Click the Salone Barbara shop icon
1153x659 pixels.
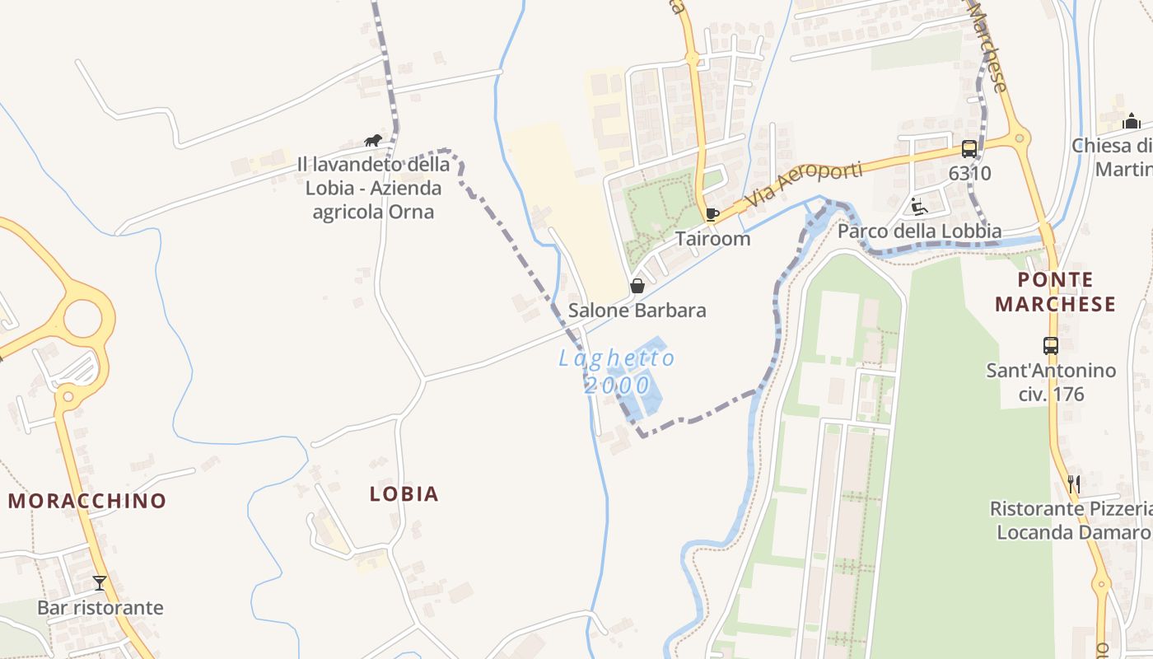pyautogui.click(x=637, y=286)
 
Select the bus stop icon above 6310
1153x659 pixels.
pyautogui.click(x=969, y=149)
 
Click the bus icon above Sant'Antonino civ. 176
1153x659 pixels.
pyautogui.click(x=1051, y=346)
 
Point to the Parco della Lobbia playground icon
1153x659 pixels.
pyautogui.click(x=919, y=206)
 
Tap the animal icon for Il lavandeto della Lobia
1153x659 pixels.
pyautogui.click(x=373, y=140)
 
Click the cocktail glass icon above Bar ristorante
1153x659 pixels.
pyautogui.click(x=100, y=583)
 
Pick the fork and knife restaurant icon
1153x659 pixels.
pyautogui.click(x=1073, y=484)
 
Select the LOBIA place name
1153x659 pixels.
pyautogui.click(x=404, y=494)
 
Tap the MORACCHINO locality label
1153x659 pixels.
pyautogui.click(x=87, y=501)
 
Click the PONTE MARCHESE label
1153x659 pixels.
pyautogui.click(x=1055, y=292)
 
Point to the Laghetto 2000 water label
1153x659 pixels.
pyautogui.click(x=617, y=372)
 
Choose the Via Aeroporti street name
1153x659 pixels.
pyautogui.click(x=802, y=186)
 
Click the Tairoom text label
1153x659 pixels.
pyautogui.click(x=712, y=239)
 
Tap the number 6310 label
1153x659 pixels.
pyautogui.click(x=969, y=174)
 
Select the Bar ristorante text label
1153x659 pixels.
pyautogui.click(x=100, y=608)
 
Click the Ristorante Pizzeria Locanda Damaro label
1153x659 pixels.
pyautogui.click(x=1071, y=521)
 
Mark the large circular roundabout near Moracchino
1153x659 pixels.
pyautogui.click(x=82, y=319)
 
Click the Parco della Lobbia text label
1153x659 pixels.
pyautogui.click(x=919, y=231)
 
